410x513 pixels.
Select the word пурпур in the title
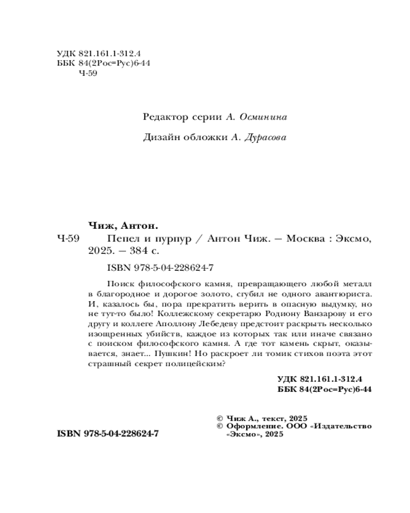[x=172, y=239]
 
